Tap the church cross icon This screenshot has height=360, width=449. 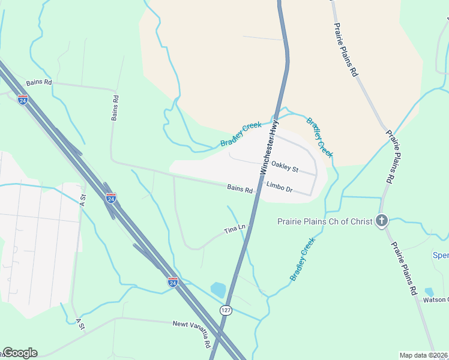coord(382,221)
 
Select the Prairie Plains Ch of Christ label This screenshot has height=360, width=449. coord(325,221)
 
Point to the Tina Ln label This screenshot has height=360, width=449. coord(235,229)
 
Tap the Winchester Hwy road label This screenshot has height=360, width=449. coord(270,148)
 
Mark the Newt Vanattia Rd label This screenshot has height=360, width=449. coord(193,334)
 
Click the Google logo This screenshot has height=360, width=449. coord(20,353)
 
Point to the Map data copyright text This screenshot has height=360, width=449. coord(423,355)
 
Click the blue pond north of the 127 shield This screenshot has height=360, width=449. coord(217,290)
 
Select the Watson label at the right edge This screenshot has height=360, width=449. coord(435,299)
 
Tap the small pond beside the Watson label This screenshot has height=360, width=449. coord(429,292)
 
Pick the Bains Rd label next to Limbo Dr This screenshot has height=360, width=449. coord(240,188)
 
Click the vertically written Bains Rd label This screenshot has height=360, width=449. coord(115,107)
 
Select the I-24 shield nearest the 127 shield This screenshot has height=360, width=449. coord(173,282)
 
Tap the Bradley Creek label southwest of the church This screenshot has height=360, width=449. coord(303,259)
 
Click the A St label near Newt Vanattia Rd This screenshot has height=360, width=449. coord(80,324)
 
